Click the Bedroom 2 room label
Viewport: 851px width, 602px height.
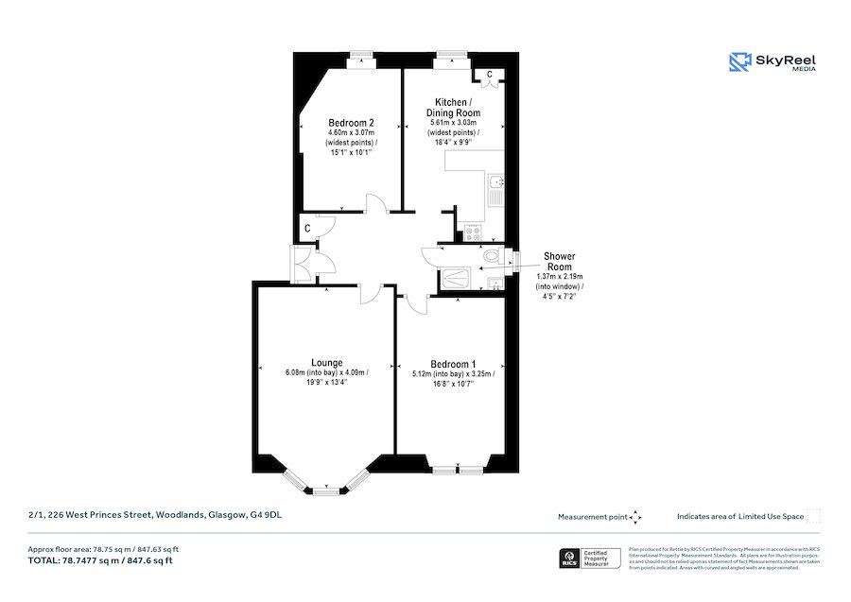coord(350,123)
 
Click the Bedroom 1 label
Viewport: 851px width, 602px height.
coord(452,364)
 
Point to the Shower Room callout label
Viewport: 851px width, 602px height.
coord(558,262)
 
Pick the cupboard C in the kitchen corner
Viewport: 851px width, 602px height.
coord(489,75)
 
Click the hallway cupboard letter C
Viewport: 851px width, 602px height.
coord(308,229)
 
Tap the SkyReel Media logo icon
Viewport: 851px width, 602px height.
coord(739,62)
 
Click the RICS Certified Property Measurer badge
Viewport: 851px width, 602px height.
coord(589,558)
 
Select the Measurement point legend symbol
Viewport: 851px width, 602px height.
coord(635,517)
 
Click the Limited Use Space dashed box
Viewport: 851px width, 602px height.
coord(813,516)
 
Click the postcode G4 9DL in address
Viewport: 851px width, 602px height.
coord(266,515)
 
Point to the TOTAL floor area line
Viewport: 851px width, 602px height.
coord(103,560)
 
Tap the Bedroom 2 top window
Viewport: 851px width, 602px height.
coord(359,60)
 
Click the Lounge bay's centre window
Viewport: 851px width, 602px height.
coord(325,490)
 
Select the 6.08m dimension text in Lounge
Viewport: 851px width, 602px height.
coord(298,372)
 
